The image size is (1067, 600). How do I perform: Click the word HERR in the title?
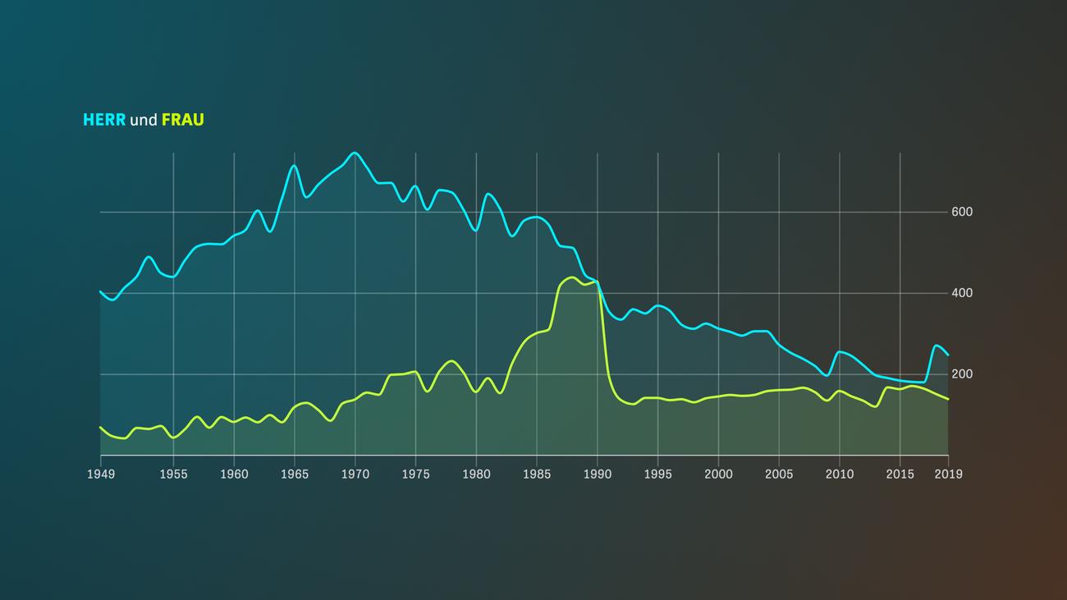104,120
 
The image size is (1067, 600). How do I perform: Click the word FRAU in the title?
182,120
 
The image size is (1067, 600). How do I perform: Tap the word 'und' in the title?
144,121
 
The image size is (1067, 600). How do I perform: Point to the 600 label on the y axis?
962,212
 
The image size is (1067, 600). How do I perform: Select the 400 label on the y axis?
962,293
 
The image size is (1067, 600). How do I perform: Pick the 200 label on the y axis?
962,374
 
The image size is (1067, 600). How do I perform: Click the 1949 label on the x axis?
100,474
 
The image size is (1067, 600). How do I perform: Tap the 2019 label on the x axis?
948,474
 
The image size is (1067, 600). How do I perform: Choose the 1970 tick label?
355,474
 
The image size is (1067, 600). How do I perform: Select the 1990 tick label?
598,474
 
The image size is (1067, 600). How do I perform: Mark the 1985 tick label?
537,474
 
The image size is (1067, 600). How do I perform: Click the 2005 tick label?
779,474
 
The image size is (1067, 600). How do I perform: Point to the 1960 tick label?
234,474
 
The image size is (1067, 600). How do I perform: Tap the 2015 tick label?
900,474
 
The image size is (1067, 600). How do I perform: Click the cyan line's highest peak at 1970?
355,153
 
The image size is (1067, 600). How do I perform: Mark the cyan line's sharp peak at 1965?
294,166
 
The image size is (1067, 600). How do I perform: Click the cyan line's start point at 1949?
100,291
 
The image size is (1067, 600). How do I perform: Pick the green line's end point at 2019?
948,399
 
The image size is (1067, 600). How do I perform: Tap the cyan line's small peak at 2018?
936,346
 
